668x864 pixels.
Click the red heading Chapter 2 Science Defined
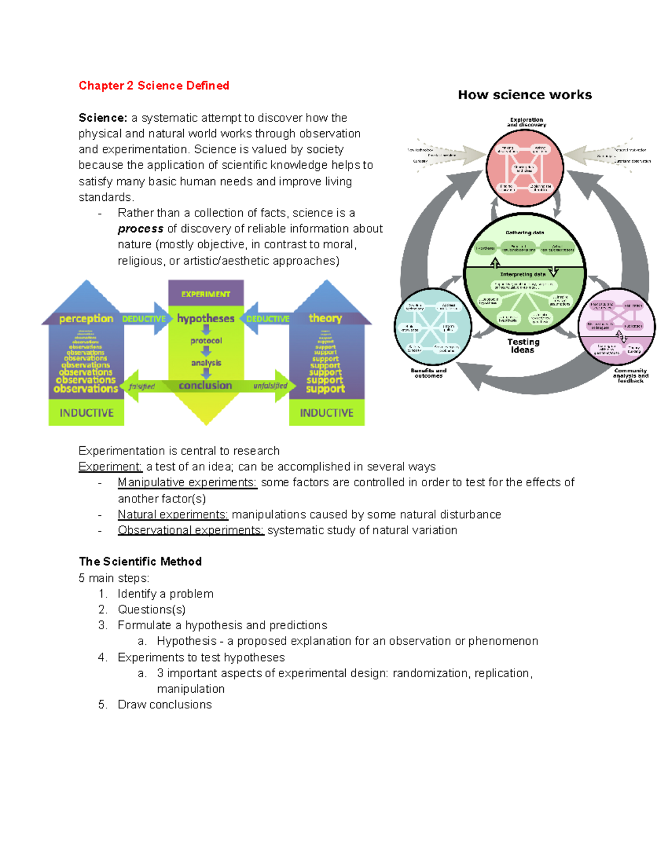coord(154,86)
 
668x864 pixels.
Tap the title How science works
coord(524,95)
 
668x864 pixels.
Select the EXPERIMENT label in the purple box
coord(205,294)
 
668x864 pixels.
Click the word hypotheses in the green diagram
coord(205,319)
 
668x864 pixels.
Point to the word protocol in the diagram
coord(206,340)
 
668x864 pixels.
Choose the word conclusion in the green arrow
coord(205,386)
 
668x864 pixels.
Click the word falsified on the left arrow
coord(142,387)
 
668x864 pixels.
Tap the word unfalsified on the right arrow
coord(271,386)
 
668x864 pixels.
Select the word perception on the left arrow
coord(86,319)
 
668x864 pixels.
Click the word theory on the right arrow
coord(325,318)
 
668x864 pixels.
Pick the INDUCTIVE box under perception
coord(86,413)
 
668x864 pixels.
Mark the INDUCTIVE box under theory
coord(327,413)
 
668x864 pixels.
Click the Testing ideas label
coord(523,346)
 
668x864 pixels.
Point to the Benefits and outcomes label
coord(429,373)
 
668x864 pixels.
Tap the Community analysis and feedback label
coord(631,376)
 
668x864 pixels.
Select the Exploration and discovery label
coord(526,122)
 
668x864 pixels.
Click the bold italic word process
coord(140,229)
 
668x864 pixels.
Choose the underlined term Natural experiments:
coord(173,515)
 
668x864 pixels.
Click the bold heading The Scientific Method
coord(140,561)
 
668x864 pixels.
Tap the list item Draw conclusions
coord(165,704)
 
